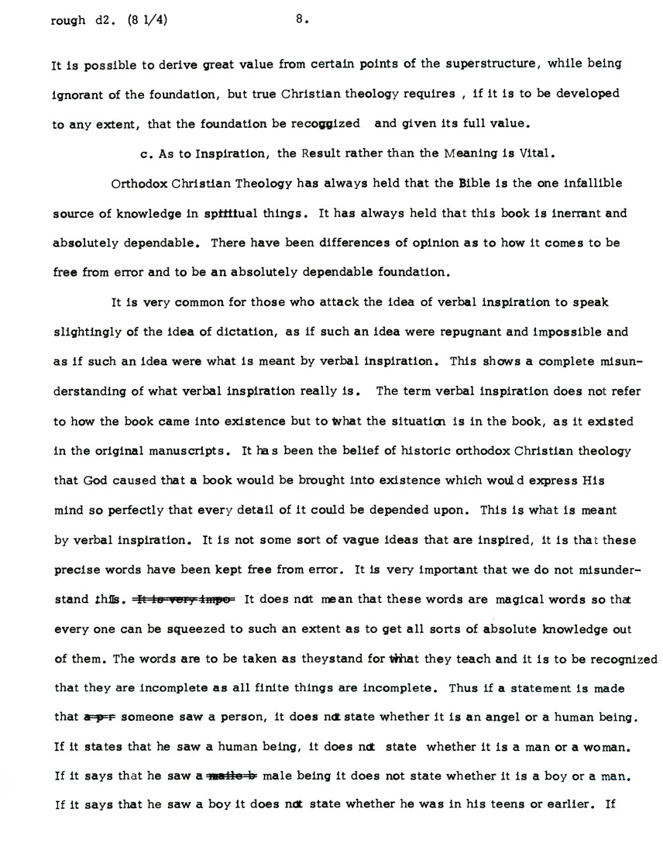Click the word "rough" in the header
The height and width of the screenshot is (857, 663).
67,22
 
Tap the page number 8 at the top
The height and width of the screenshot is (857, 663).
301,22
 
